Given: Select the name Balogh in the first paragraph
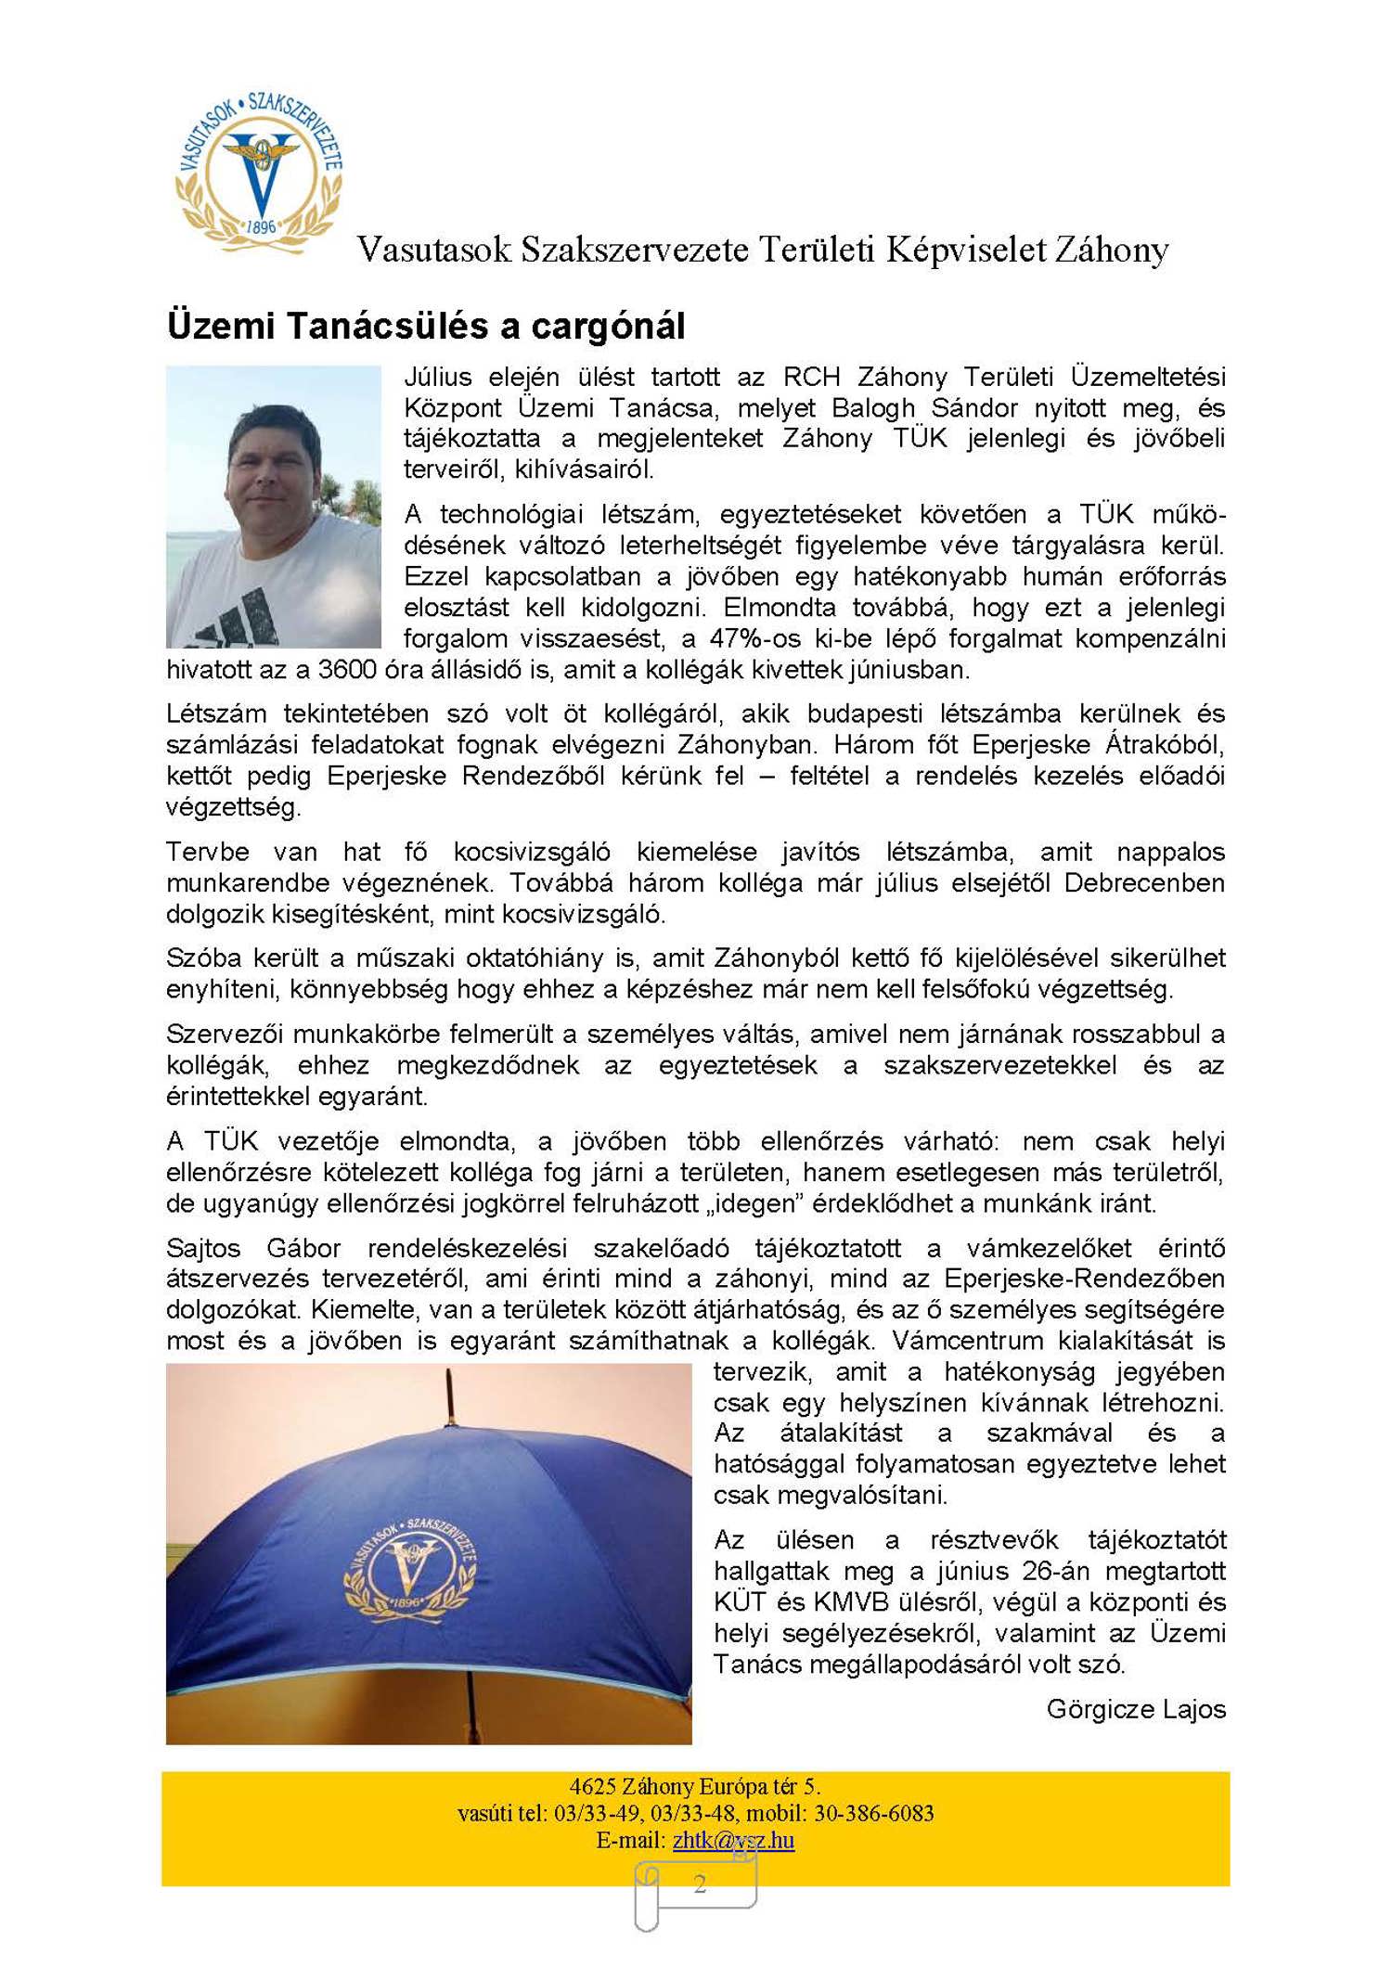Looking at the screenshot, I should pyautogui.click(x=872, y=408).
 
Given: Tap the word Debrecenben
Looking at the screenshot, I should pyautogui.click(x=1143, y=882).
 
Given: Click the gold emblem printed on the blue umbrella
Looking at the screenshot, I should pyautogui.click(x=409, y=1573).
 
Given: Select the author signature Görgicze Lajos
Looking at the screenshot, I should pyautogui.click(x=1135, y=1709).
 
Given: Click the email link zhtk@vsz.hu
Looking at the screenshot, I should pyautogui.click(x=733, y=1840).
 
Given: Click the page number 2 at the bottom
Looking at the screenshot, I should pyautogui.click(x=700, y=1883).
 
